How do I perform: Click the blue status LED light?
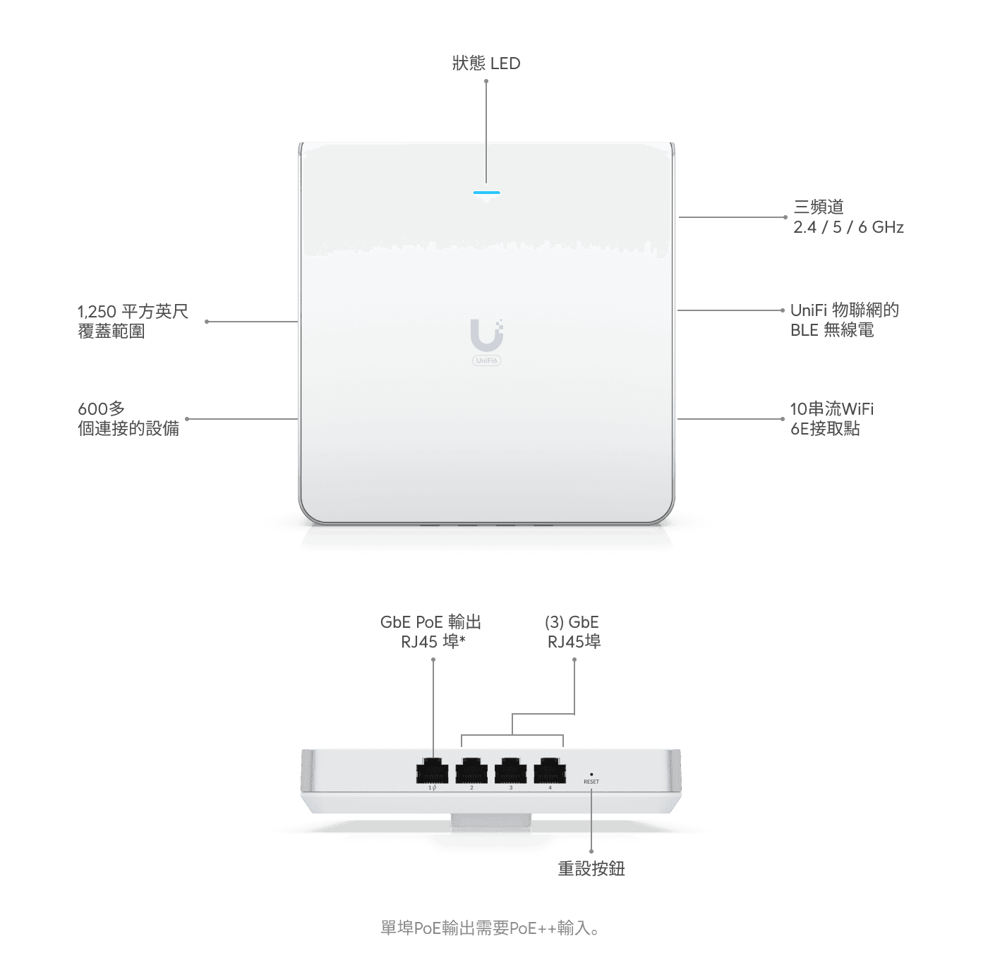486,193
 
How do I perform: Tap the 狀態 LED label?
486,63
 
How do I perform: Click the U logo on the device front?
486,335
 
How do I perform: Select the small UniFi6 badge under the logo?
486,360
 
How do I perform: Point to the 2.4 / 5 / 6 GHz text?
848,227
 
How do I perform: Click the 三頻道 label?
819,207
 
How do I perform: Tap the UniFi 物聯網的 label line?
844,310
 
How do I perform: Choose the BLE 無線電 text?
831,330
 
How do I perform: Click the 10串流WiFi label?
831,408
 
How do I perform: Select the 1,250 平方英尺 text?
133,311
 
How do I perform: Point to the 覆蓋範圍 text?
112,332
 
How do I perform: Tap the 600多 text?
101,408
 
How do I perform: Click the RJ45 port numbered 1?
432,771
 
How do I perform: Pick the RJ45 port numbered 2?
471,771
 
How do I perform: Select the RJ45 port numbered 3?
510,771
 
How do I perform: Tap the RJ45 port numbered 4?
550,771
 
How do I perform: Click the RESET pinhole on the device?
591,775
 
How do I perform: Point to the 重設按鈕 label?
591,868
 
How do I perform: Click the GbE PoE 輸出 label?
430,622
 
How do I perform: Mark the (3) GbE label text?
572,622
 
